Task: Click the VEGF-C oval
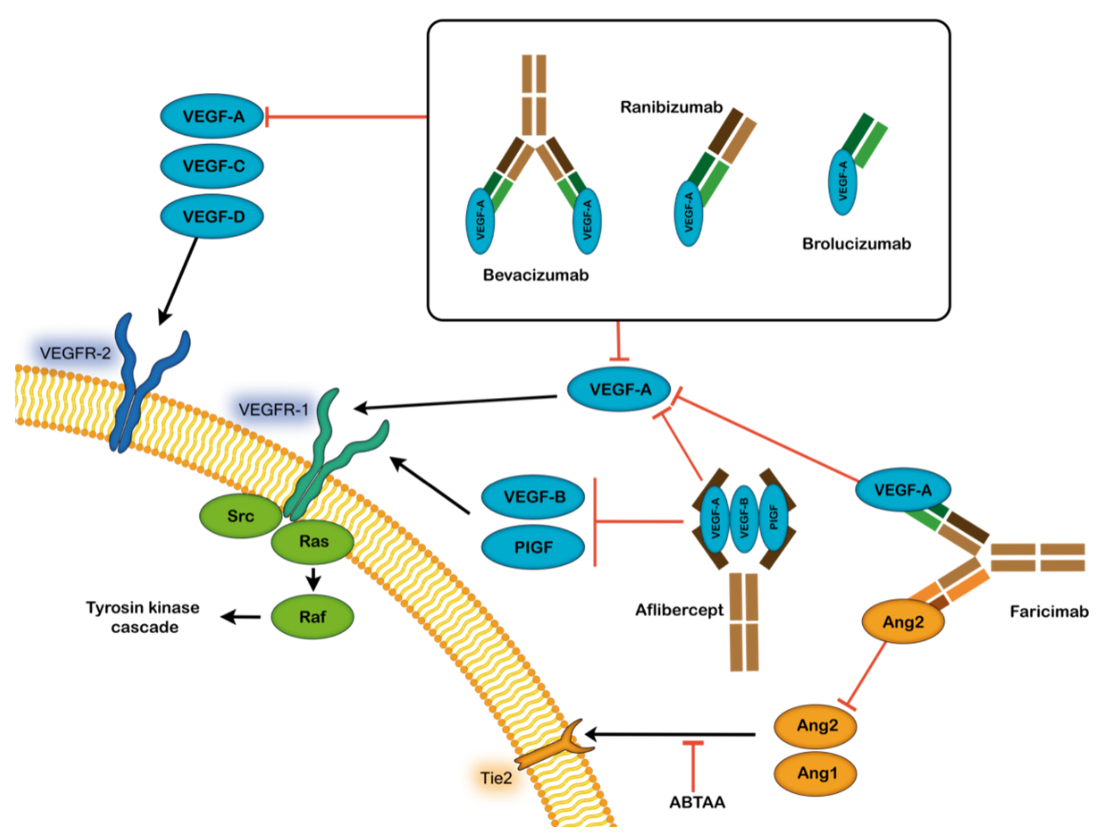pos(212,166)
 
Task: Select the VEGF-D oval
pos(212,217)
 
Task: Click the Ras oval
pos(313,541)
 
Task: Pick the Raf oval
pos(313,617)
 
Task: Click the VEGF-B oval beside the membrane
pos(533,496)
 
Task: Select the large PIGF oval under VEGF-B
pos(533,547)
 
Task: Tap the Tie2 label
pos(496,779)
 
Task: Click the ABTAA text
pos(697,802)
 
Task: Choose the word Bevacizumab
pos(535,275)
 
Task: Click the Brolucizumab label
pos(856,244)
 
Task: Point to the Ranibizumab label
pos(671,107)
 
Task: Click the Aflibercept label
pos(679,610)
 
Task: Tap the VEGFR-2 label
pos(75,354)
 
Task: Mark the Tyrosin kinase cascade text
pos(143,617)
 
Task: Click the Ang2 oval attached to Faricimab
pos(903,622)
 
